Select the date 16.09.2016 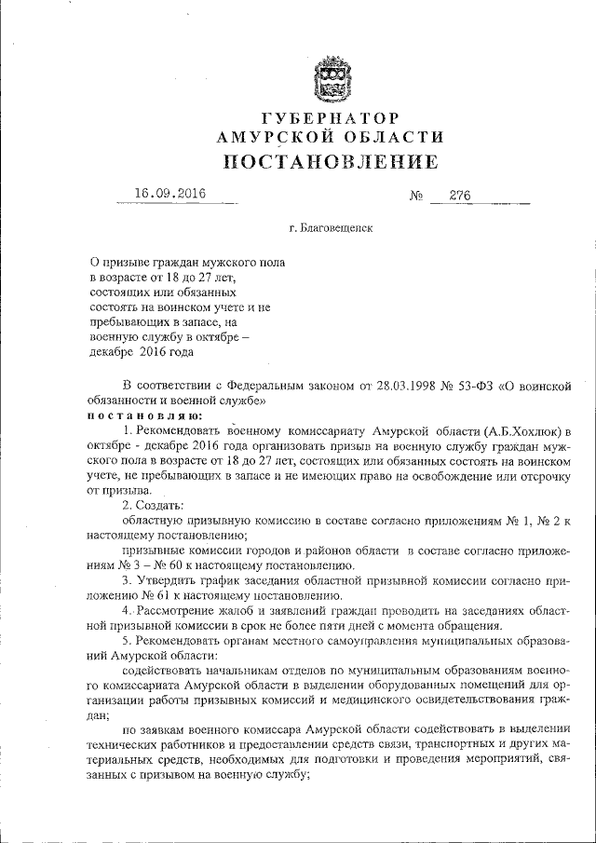169,195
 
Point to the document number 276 460,196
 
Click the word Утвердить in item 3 168,579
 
